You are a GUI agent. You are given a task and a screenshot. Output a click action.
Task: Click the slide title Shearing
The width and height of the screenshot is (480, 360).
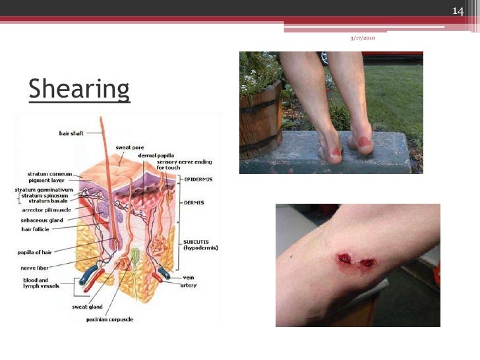coord(79,89)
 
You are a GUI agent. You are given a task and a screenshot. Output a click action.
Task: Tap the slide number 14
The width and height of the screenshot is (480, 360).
coord(459,11)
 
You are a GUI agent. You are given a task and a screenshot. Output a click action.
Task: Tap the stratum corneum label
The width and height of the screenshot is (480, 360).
coord(49,175)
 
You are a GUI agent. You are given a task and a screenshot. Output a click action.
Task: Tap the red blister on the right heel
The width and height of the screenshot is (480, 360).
coord(365,141)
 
